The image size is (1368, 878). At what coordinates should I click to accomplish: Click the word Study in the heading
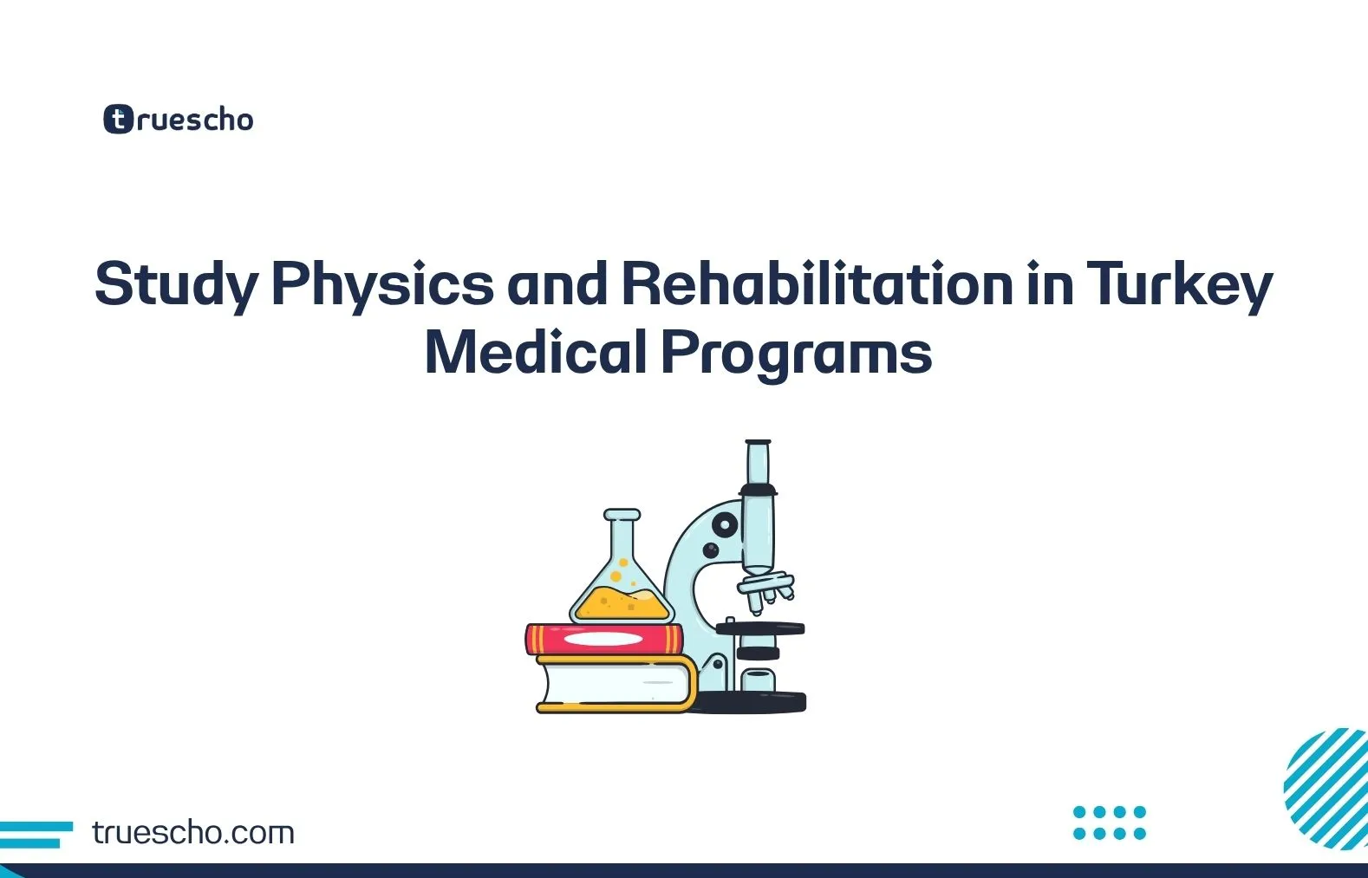coord(176,284)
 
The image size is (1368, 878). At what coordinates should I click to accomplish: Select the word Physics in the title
coord(382,284)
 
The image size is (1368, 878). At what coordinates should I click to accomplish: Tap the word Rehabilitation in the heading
coord(817,284)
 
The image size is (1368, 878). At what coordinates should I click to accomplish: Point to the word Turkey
coord(1178,284)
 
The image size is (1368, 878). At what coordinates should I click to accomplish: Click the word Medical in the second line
coord(535,353)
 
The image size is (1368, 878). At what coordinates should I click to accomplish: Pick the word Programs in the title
coord(796,353)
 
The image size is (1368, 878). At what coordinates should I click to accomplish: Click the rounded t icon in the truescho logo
coord(118,119)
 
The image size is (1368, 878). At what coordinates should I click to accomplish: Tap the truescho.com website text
coord(192,833)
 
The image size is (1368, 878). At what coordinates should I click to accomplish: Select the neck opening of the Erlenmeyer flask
coord(622,515)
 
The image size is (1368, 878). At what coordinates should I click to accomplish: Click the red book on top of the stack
coord(603,640)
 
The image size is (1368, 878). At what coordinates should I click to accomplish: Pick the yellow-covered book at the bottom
coord(616,685)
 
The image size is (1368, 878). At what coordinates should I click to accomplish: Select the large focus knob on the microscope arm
coord(724,524)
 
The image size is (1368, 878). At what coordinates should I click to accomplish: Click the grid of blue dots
coord(1109,823)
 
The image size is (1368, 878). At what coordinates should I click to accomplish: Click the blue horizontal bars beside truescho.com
coord(35,834)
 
